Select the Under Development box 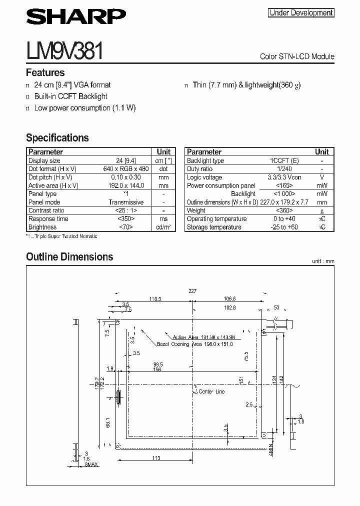(301, 13)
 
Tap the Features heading (45, 72)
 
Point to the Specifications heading (57, 137)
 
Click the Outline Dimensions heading (69, 256)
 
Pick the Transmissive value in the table (126, 202)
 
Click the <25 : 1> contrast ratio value (126, 210)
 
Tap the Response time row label (48, 219)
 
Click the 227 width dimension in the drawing (192, 291)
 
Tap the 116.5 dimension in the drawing (155, 299)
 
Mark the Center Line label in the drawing (212, 391)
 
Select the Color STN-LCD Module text (297, 56)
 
